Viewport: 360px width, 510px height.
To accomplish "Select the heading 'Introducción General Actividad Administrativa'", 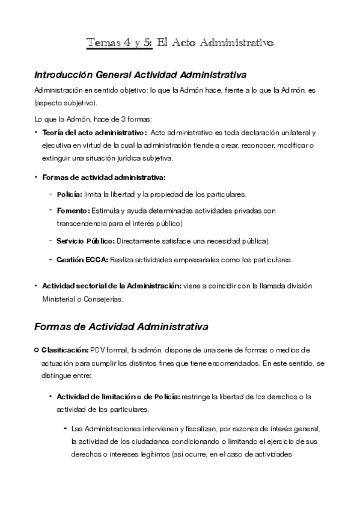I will click(x=141, y=75).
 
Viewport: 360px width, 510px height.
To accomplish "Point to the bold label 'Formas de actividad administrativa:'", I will click(x=104, y=177).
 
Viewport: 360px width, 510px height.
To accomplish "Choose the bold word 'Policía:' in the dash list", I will click(x=70, y=194).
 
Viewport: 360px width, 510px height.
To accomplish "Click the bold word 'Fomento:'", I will click(x=73, y=210).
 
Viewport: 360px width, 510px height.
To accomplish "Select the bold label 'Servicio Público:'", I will click(x=85, y=241).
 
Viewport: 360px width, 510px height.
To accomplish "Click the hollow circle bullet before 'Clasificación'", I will click(x=37, y=350).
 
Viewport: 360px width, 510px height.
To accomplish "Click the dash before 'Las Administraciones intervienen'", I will click(x=64, y=428).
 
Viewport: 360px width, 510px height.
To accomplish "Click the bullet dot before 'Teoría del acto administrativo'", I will click(x=36, y=132).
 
